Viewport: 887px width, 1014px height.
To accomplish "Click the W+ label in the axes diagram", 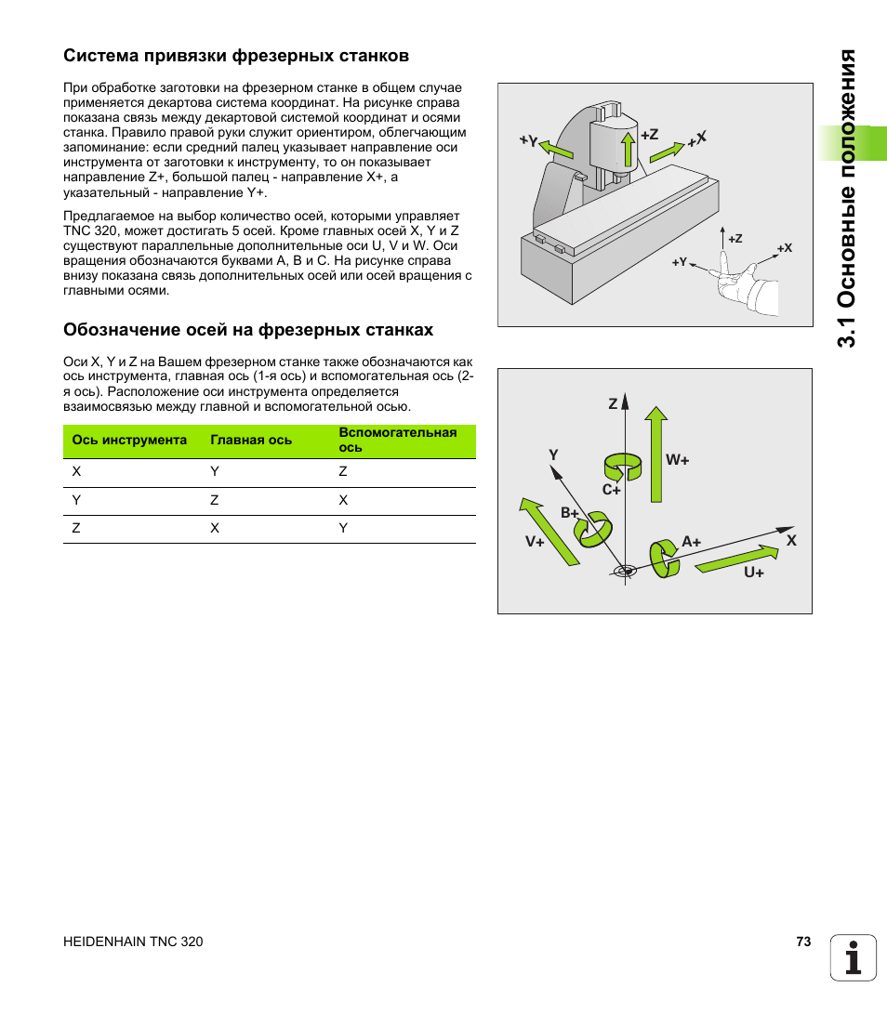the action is (678, 460).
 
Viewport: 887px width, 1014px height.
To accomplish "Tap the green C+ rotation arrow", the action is (622, 467).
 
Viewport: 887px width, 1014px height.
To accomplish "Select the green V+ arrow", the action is (549, 532).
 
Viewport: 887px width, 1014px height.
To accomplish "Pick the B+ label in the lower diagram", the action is (569, 513).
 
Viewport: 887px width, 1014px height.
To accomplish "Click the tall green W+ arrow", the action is (656, 454).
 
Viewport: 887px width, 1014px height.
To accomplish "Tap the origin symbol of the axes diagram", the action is (625, 571).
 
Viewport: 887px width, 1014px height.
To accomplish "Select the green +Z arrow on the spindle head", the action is (628, 150).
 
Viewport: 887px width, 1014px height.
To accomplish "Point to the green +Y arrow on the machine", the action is (556, 150).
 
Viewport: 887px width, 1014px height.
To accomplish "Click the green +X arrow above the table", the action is (667, 152).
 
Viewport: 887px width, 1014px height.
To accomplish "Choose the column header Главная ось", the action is (251, 440).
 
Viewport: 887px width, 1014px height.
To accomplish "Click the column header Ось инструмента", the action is (129, 440).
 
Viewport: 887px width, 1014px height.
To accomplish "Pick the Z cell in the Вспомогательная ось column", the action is (343, 471).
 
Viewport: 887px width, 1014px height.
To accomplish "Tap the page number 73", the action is (803, 942).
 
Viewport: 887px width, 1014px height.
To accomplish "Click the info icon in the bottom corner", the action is (854, 957).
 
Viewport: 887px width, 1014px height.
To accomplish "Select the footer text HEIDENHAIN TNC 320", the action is (133, 942).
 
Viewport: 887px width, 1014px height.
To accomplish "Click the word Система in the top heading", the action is (101, 56).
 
